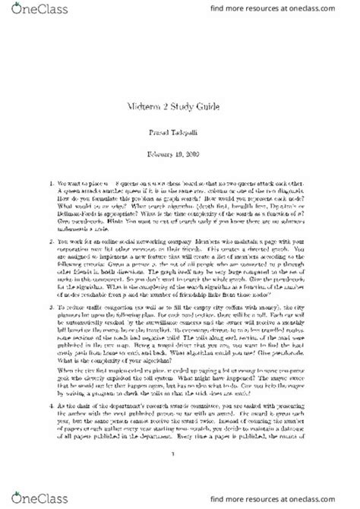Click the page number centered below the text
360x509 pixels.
pyautogui.click(x=180, y=475)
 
